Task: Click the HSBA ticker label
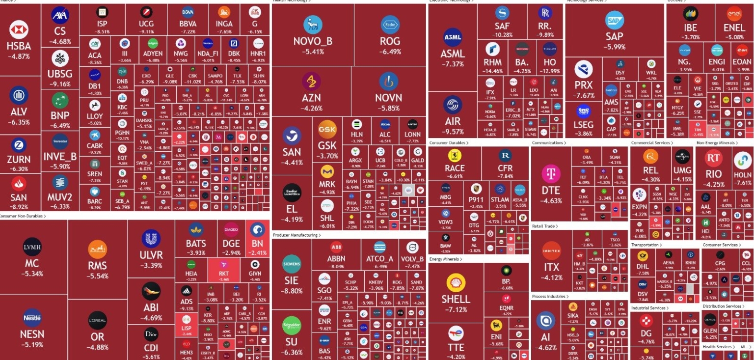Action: coord(19,46)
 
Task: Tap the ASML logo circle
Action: coord(453,37)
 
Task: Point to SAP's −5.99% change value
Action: coord(614,47)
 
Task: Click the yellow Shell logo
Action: coord(456,283)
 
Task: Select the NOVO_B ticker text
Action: coord(313,41)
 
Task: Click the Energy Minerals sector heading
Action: coord(445,259)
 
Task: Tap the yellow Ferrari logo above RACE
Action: coord(455,156)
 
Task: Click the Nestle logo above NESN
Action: coord(32,318)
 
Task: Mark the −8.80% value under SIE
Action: coord(292,291)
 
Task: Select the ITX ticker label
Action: coord(551,268)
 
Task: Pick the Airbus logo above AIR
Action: coord(453,104)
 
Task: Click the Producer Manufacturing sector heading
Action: coord(296,235)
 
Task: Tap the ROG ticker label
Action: coord(390,41)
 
